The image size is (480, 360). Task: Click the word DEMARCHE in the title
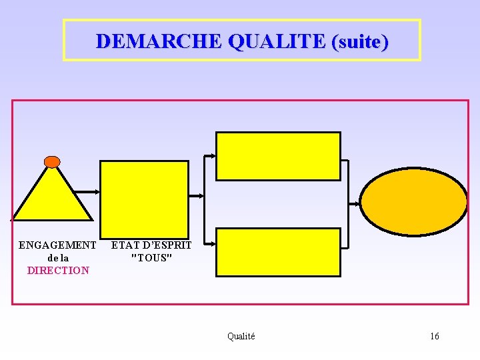(x=158, y=41)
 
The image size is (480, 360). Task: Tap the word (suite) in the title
(x=359, y=41)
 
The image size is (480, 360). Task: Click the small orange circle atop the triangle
(x=52, y=162)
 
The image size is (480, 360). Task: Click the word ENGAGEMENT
(x=57, y=245)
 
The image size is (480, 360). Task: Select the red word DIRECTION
(x=58, y=270)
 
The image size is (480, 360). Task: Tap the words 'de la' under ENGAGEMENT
(x=59, y=257)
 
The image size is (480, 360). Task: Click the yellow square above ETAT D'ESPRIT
(x=144, y=195)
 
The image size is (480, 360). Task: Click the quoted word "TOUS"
(x=152, y=257)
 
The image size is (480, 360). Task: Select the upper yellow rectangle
(x=278, y=156)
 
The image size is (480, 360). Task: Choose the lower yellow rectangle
(x=278, y=252)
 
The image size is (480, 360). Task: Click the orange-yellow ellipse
(x=414, y=201)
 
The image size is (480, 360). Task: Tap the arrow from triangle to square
(x=85, y=191)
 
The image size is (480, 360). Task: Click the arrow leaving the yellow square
(x=196, y=196)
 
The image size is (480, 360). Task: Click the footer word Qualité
(x=241, y=336)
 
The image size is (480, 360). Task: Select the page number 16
(x=434, y=336)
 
